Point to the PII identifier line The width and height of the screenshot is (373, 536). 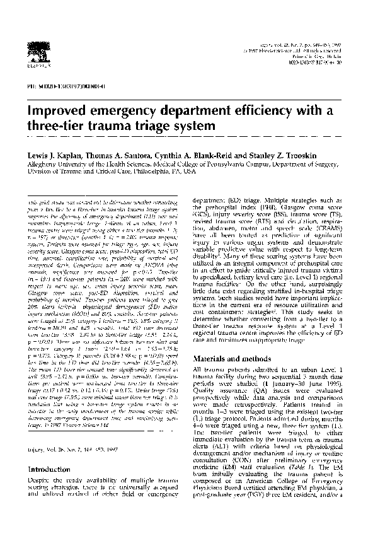pos(57,84)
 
